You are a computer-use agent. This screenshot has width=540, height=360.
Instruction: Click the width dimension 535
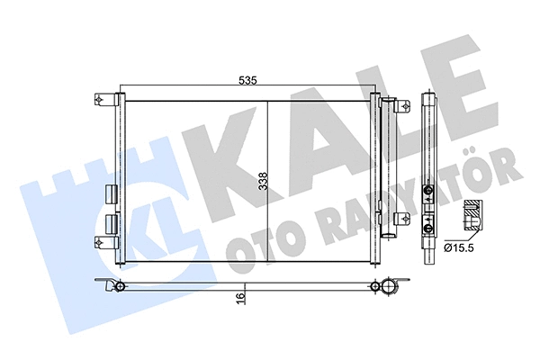point(248,80)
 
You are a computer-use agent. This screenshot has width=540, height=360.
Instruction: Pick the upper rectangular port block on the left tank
point(112,194)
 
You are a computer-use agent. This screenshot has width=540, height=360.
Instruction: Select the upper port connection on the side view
point(429,190)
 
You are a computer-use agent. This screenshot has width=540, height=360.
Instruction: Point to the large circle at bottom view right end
point(386,287)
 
